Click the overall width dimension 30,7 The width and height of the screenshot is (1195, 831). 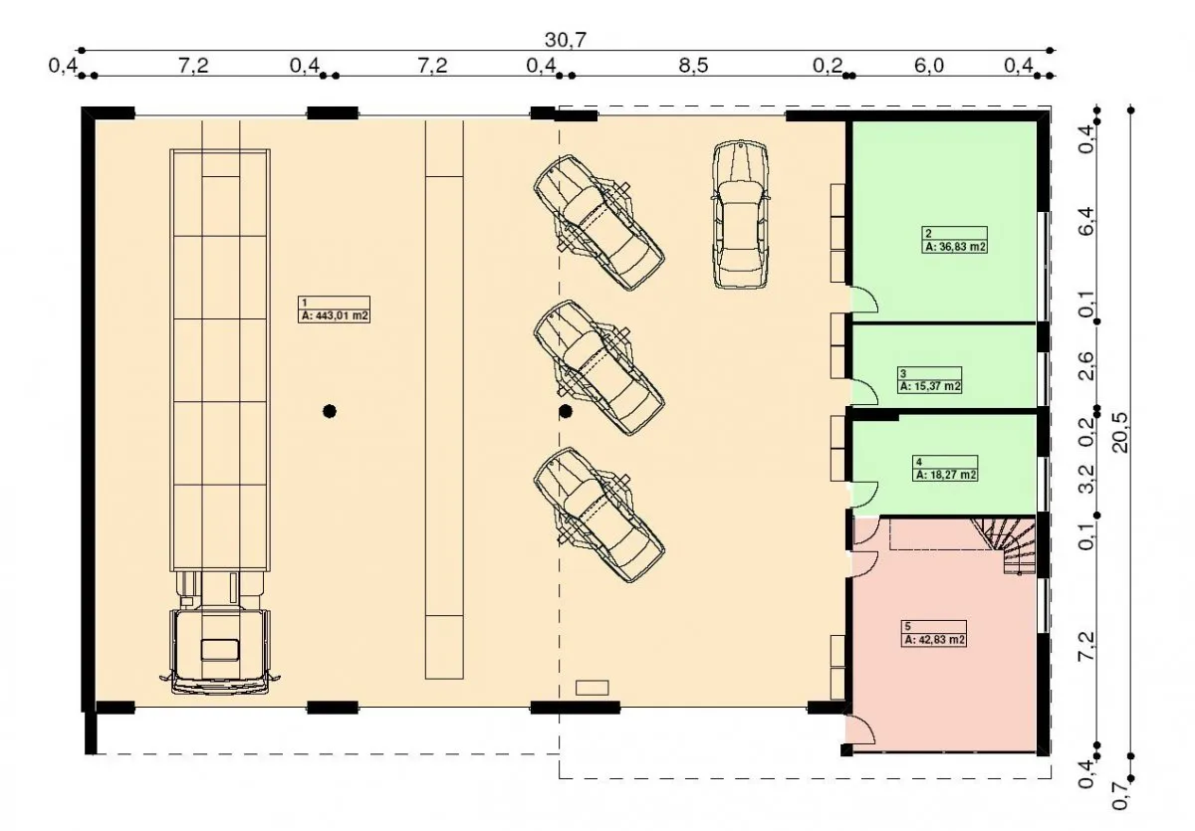pyautogui.click(x=566, y=40)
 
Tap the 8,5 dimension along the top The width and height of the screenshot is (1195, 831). pyautogui.click(x=693, y=66)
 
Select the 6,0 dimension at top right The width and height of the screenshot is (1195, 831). pyautogui.click(x=929, y=66)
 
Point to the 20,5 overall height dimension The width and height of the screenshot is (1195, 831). pyautogui.click(x=1121, y=432)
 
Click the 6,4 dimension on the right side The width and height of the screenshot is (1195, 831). pyautogui.click(x=1086, y=221)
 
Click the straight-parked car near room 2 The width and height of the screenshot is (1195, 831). pyautogui.click(x=741, y=215)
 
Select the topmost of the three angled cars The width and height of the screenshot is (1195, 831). pyautogui.click(x=598, y=223)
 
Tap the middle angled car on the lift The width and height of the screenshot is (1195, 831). pyautogui.click(x=598, y=368)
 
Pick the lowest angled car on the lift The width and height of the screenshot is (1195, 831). pyautogui.click(x=598, y=515)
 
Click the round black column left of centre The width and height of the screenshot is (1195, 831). pyautogui.click(x=330, y=411)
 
